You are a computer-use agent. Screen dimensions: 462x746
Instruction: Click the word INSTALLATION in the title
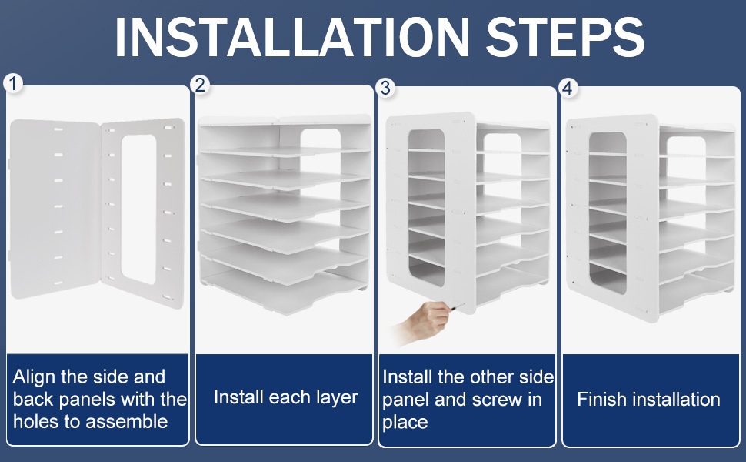[x=285, y=35]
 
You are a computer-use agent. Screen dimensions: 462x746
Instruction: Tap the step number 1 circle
[x=13, y=83]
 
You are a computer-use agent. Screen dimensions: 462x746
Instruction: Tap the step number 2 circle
[x=201, y=85]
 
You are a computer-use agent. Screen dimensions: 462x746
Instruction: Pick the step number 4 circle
[x=568, y=88]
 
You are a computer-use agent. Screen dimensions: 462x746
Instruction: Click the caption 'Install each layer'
[x=285, y=397]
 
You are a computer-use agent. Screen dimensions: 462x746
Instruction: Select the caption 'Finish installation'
[x=648, y=400]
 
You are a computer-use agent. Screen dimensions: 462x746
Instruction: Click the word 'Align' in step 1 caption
[x=34, y=377]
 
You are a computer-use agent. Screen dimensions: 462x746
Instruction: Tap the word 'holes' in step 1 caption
[x=35, y=421]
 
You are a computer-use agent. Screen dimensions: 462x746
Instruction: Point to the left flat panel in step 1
[x=52, y=208]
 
